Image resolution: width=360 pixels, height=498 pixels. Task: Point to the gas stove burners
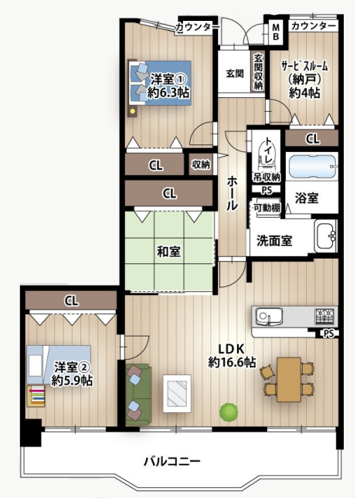pyautogui.click(x=324, y=317)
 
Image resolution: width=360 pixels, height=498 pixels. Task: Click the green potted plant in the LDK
pyautogui.click(x=229, y=412)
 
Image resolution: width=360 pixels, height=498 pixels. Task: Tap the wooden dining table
pyautogui.click(x=289, y=380)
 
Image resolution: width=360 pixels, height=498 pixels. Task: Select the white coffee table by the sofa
pyautogui.click(x=177, y=394)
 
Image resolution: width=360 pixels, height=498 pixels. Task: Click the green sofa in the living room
pyautogui.click(x=138, y=395)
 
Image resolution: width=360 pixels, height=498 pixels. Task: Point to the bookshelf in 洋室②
pyautogui.click(x=36, y=396)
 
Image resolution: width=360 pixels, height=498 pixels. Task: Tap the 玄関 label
pyautogui.click(x=235, y=73)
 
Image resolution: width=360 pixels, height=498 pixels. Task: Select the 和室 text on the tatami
pyautogui.click(x=168, y=252)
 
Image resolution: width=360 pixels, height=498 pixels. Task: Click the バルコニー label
pyautogui.click(x=172, y=461)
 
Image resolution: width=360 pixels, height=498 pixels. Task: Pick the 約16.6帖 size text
pyautogui.click(x=232, y=362)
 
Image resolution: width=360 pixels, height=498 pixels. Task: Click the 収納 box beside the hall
pyautogui.click(x=201, y=164)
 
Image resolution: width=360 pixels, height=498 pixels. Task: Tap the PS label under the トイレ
pyautogui.click(x=267, y=190)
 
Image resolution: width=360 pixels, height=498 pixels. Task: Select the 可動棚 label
pyautogui.click(x=267, y=208)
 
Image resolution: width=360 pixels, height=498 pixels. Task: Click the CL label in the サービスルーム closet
pyautogui.click(x=313, y=139)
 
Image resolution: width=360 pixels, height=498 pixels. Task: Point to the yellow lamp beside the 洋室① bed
pyautogui.click(x=133, y=111)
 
